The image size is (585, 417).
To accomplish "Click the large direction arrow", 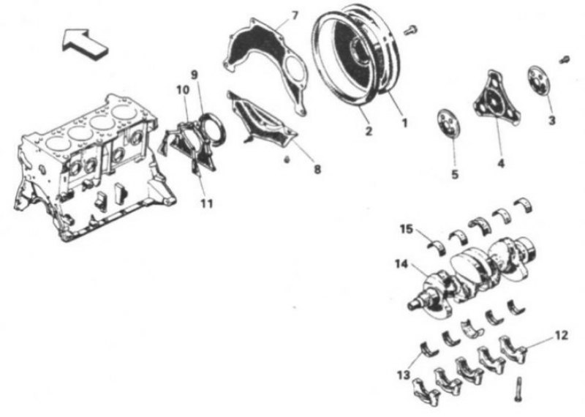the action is click(85, 44).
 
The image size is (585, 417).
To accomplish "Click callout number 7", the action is click(295, 15).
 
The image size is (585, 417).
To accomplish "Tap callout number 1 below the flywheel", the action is click(404, 122).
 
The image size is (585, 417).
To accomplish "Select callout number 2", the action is click(369, 131).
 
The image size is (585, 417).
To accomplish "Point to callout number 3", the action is click(552, 120).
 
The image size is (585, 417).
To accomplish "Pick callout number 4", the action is click(501, 162).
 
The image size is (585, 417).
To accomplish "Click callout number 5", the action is click(455, 174).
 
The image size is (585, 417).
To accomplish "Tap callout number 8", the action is click(317, 170).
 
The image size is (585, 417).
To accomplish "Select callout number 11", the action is click(207, 203).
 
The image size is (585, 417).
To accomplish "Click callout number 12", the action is click(561, 335).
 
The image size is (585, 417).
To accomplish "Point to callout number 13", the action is click(404, 375).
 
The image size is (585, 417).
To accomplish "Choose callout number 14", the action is click(401, 264).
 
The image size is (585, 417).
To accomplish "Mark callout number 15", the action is click(407, 228).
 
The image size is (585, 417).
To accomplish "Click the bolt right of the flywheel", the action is click(410, 30).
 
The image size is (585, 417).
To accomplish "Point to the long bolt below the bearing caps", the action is click(518, 389).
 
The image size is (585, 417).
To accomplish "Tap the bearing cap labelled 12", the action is click(513, 348).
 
